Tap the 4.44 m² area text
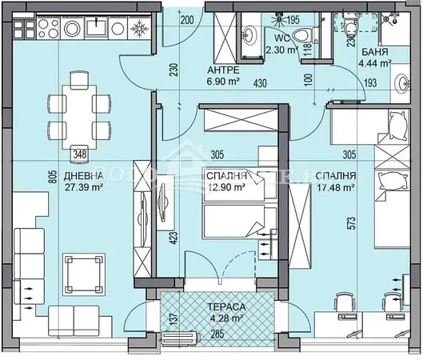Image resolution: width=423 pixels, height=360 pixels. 373,62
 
